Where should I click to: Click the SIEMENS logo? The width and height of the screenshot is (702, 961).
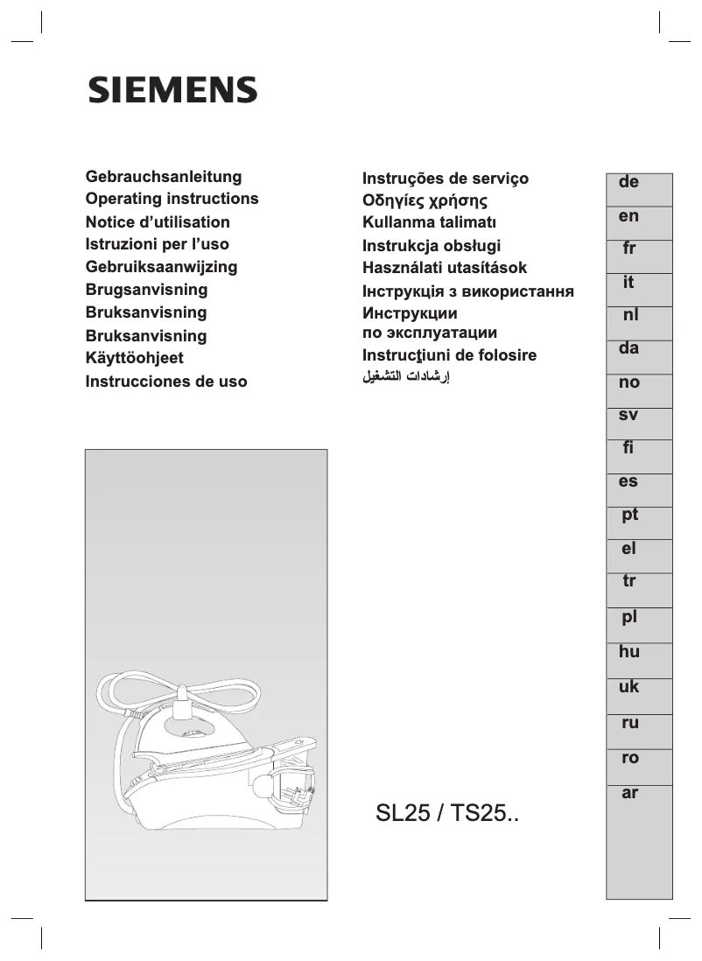172,90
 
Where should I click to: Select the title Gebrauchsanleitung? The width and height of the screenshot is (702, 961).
164,177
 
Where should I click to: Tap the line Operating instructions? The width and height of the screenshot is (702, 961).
172,199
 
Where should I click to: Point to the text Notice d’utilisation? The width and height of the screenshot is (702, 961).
158,222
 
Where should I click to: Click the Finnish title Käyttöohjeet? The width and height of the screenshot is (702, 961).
135,358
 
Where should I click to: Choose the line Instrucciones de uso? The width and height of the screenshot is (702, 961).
166,382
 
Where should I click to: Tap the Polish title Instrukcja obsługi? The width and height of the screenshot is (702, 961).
432,246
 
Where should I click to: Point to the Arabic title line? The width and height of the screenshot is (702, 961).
406,378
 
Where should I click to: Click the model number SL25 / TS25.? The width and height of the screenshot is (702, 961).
447,815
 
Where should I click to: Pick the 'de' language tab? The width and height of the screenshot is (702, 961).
628,183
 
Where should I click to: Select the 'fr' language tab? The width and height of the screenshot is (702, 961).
628,249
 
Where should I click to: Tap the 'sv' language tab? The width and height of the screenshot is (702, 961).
628,416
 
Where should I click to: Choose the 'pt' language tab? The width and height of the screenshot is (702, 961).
629,516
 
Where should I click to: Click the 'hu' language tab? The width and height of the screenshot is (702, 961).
629,652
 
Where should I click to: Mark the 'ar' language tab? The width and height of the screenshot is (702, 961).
629,794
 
